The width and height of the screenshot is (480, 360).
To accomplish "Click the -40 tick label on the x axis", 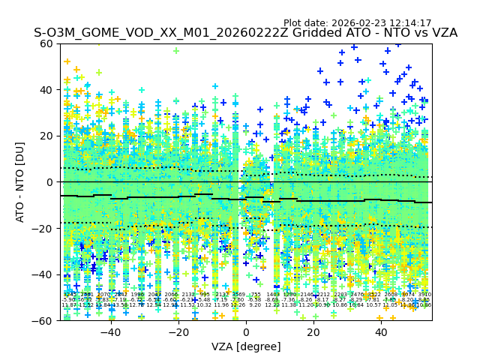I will tap(110, 331).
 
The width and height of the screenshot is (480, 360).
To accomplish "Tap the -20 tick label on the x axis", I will tap(178, 331).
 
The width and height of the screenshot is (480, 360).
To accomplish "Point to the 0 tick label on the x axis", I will tap(246, 331).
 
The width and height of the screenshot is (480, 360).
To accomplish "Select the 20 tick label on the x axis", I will tap(313, 331).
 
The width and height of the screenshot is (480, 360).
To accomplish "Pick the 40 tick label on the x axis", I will tap(381, 331).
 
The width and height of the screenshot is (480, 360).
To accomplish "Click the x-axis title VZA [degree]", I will tap(246, 346).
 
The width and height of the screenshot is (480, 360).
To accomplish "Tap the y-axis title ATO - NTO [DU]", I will tap(21, 182).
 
